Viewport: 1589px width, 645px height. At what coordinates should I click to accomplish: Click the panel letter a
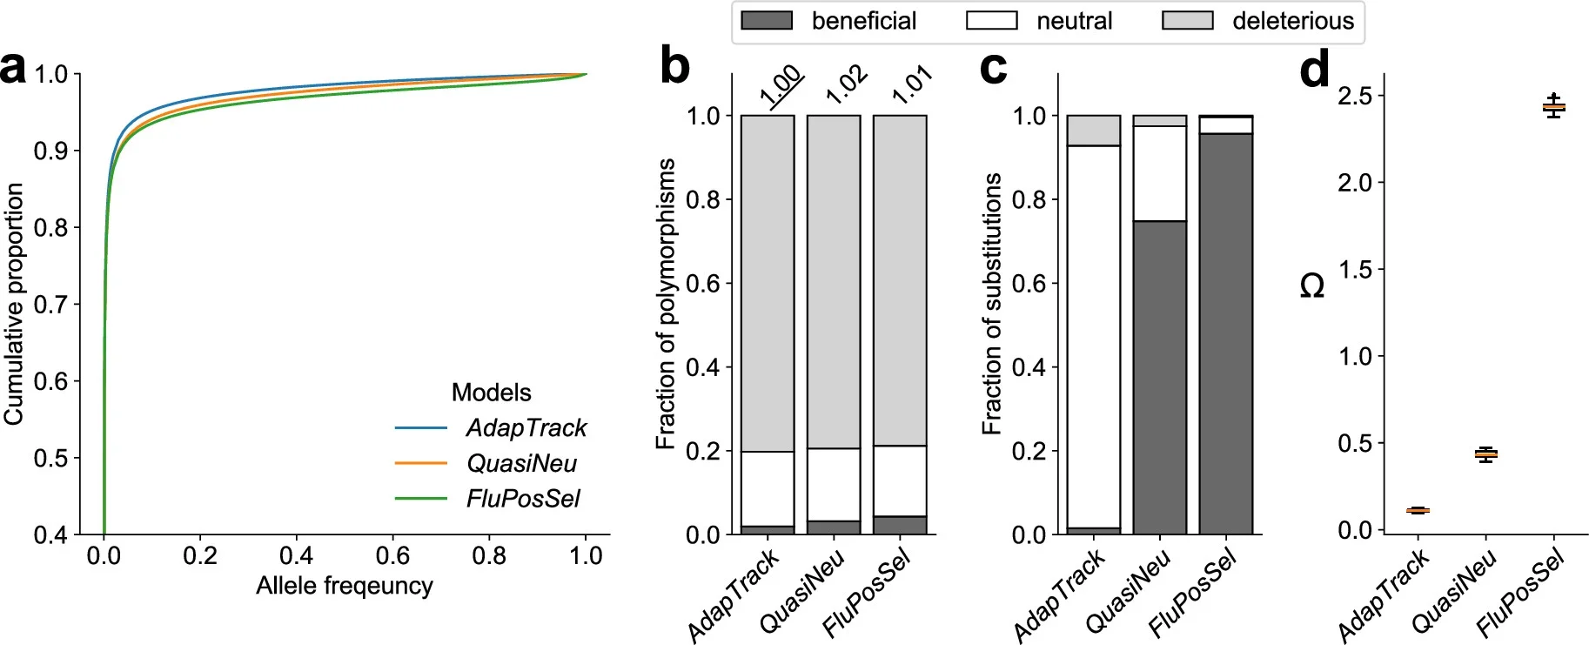[x=15, y=68]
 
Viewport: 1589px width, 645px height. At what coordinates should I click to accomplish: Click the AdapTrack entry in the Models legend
[x=526, y=427]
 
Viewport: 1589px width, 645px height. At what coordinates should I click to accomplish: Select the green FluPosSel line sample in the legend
[x=420, y=499]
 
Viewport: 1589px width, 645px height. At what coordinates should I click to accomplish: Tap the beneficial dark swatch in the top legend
[x=766, y=21]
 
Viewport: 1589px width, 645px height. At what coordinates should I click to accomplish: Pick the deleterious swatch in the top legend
[x=1187, y=21]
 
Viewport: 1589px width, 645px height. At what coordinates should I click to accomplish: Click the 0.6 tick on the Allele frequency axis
[x=392, y=555]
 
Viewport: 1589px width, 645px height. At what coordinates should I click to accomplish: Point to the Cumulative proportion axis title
[x=13, y=304]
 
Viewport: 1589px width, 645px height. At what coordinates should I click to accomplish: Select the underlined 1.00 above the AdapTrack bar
[x=780, y=85]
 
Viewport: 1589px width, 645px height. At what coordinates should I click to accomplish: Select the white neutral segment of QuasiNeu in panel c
[x=1159, y=173]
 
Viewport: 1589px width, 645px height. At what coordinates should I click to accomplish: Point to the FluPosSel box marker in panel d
[x=1553, y=107]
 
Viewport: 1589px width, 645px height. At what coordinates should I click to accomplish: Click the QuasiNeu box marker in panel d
[x=1486, y=454]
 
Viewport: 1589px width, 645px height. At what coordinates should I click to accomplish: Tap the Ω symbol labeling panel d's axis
[x=1311, y=286]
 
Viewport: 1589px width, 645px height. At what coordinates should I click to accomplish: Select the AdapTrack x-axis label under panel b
[x=733, y=596]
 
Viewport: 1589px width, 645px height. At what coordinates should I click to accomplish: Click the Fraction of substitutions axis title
[x=991, y=304]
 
